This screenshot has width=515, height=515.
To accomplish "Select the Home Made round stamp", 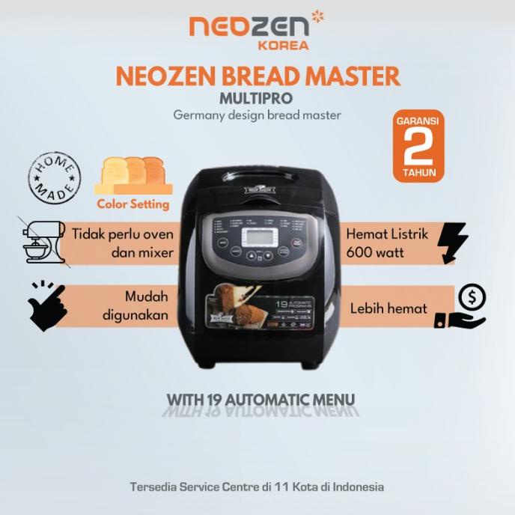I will pyautogui.click(x=54, y=177).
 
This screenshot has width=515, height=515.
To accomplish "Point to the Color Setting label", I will pyautogui.click(x=133, y=204).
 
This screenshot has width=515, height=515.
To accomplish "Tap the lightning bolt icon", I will pyautogui.click(x=453, y=242).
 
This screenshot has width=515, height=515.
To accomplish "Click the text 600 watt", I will pyautogui.click(x=374, y=253).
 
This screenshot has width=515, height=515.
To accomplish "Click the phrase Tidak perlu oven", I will pyautogui.click(x=123, y=234).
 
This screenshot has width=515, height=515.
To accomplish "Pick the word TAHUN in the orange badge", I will pyautogui.click(x=418, y=173).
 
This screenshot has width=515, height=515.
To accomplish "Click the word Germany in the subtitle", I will pyautogui.click(x=195, y=115).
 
